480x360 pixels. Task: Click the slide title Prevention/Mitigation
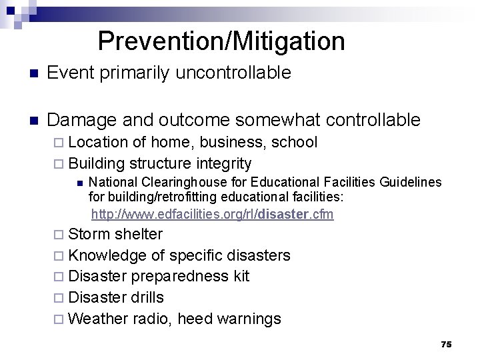221,41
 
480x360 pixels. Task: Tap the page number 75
446,344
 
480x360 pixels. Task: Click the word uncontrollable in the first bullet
233,73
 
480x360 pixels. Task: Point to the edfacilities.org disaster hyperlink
212,214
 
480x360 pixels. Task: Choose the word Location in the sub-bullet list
98,142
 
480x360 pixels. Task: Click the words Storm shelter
115,234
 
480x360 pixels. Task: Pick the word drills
147,297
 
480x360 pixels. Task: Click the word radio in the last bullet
153,319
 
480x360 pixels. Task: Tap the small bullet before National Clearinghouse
79,183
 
